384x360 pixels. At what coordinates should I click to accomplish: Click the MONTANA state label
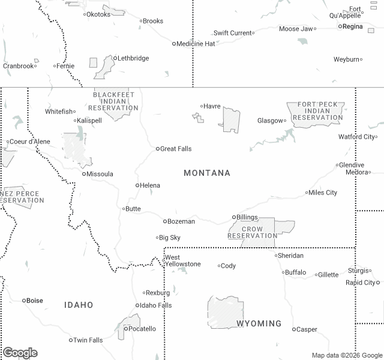tap(207, 173)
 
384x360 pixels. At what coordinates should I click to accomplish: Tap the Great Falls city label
tap(176, 149)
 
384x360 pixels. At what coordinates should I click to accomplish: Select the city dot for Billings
tap(235, 217)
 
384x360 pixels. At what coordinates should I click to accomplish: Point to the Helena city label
tap(150, 185)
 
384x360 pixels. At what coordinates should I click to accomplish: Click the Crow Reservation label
tap(253, 233)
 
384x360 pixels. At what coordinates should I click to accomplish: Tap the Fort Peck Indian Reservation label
tap(317, 111)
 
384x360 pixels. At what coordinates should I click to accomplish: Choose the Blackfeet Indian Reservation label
tap(113, 101)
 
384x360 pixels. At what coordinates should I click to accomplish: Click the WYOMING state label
tap(259, 323)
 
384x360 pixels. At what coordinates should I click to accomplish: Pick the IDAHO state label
tap(79, 305)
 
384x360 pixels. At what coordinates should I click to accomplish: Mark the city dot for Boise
tap(25, 301)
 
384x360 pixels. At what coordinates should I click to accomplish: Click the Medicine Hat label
tap(196, 44)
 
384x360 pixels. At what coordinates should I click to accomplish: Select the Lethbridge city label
tap(133, 58)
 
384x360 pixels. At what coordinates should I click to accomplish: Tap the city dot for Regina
tap(340, 26)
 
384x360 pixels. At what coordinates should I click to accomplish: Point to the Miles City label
tap(323, 193)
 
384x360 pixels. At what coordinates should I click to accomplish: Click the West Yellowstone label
tap(182, 261)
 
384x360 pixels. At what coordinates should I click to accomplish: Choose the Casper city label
tap(307, 329)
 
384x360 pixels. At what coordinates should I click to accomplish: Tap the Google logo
tap(20, 353)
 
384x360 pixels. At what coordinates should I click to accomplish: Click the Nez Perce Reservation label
tap(22, 197)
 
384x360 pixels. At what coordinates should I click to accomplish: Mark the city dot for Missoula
tap(84, 174)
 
